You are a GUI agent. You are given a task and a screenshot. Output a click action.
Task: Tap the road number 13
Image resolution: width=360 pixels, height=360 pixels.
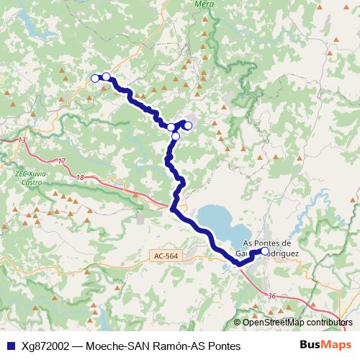pos(23,140)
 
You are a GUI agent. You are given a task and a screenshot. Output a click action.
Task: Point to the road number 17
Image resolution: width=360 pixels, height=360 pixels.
pos(62,161)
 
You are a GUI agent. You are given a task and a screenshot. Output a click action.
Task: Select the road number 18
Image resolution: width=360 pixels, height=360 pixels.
pos(79,177)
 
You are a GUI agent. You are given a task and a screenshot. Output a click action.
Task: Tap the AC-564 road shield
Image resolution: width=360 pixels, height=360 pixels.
pos(166,256)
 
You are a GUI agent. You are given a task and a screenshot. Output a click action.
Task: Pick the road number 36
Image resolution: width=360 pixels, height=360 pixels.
pos(271,296)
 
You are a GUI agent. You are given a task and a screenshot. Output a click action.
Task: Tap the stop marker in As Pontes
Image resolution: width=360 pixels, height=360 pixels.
pos(265,252)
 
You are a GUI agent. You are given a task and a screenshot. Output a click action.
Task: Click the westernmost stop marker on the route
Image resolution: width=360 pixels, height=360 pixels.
pos(94,78)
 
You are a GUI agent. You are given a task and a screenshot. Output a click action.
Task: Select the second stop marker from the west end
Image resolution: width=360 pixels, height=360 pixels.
pos(106,77)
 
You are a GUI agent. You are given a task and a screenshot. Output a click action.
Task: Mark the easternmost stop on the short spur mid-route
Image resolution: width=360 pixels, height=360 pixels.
pos(188,126)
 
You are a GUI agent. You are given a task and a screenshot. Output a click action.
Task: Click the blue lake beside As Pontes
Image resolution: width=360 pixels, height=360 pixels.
pos(220,220)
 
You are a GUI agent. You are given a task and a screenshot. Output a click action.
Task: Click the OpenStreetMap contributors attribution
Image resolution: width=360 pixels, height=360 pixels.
pos(299,323)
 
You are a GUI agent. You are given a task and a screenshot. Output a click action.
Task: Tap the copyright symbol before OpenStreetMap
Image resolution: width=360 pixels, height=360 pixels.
pos(238,323)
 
